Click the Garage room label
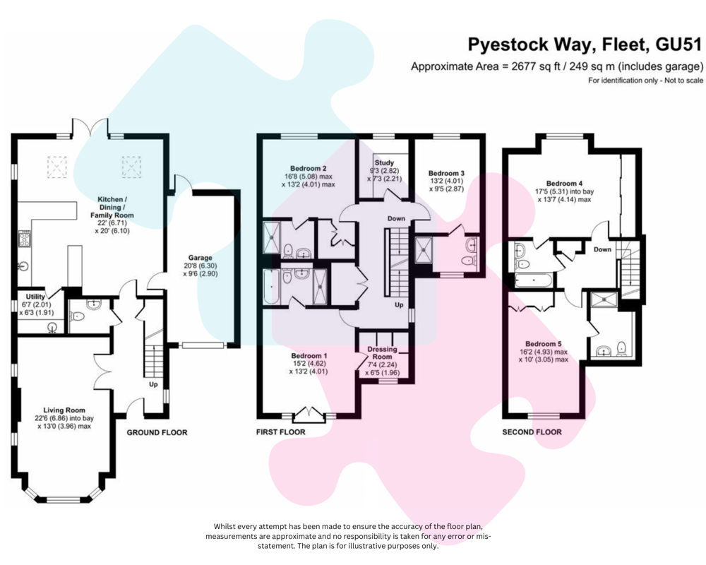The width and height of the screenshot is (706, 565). click(200, 258)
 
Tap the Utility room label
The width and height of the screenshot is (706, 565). click(35, 297)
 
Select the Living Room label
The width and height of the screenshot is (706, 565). click(64, 410)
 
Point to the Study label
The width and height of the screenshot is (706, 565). click(384, 162)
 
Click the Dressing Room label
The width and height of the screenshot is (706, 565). click(382, 353)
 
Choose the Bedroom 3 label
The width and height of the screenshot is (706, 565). click(446, 173)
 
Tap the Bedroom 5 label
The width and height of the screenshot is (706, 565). click(544, 344)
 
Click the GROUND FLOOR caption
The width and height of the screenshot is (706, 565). click(157, 432)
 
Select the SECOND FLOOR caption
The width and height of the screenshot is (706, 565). click(532, 432)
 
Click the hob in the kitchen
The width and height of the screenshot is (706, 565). click(24, 240)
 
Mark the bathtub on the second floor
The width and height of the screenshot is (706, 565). click(532, 280)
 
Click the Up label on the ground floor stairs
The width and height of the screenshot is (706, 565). click(153, 384)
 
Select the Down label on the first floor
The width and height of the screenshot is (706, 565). click(396, 218)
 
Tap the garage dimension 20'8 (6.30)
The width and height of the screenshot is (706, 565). click(200, 266)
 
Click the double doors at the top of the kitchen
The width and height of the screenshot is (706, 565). click(90, 127)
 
